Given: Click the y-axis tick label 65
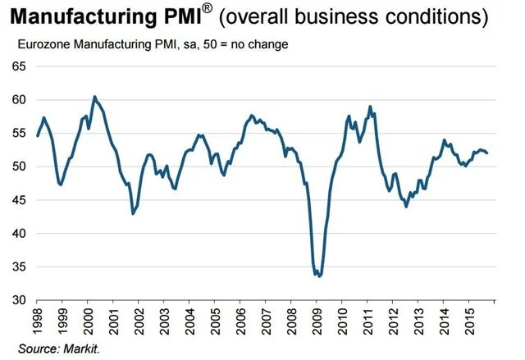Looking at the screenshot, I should tap(17, 66).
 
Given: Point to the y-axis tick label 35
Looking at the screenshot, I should tap(17, 267).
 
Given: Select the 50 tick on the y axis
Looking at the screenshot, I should tap(17, 166).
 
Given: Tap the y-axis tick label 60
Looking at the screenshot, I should tap(17, 99).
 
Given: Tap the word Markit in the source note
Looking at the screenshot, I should tap(84, 349).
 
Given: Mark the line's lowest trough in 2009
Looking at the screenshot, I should tap(319, 276).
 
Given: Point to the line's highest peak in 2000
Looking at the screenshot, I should tap(94, 96).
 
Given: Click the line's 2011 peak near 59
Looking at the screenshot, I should tap(370, 106).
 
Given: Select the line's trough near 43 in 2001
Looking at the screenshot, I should tap(134, 213).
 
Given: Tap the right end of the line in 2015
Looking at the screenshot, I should tap(488, 153).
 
